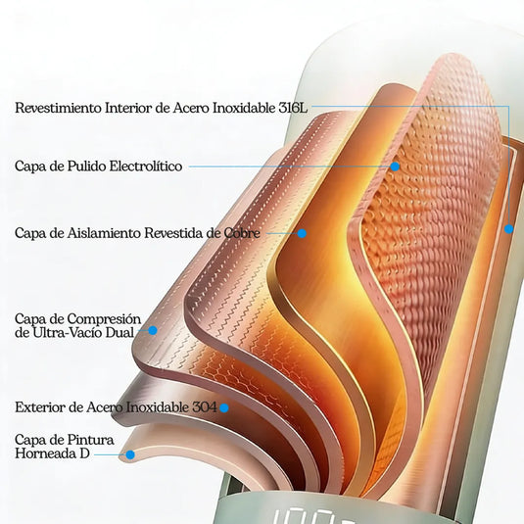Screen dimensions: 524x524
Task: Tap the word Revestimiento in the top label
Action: tap(58, 108)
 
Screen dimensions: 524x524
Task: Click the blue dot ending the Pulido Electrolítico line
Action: tap(395, 167)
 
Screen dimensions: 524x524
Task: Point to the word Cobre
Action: tap(242, 233)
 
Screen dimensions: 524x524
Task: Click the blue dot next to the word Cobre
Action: tap(302, 233)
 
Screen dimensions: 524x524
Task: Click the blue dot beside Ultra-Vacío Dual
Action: tap(153, 330)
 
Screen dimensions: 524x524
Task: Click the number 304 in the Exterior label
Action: tap(205, 407)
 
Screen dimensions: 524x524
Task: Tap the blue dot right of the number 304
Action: tap(224, 407)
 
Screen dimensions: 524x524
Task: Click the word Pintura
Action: tap(94, 440)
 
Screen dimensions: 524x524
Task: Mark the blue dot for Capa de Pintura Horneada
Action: tap(130, 454)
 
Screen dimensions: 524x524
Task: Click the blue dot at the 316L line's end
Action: tap(508, 229)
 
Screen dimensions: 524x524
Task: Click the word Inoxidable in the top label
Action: tap(244, 108)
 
